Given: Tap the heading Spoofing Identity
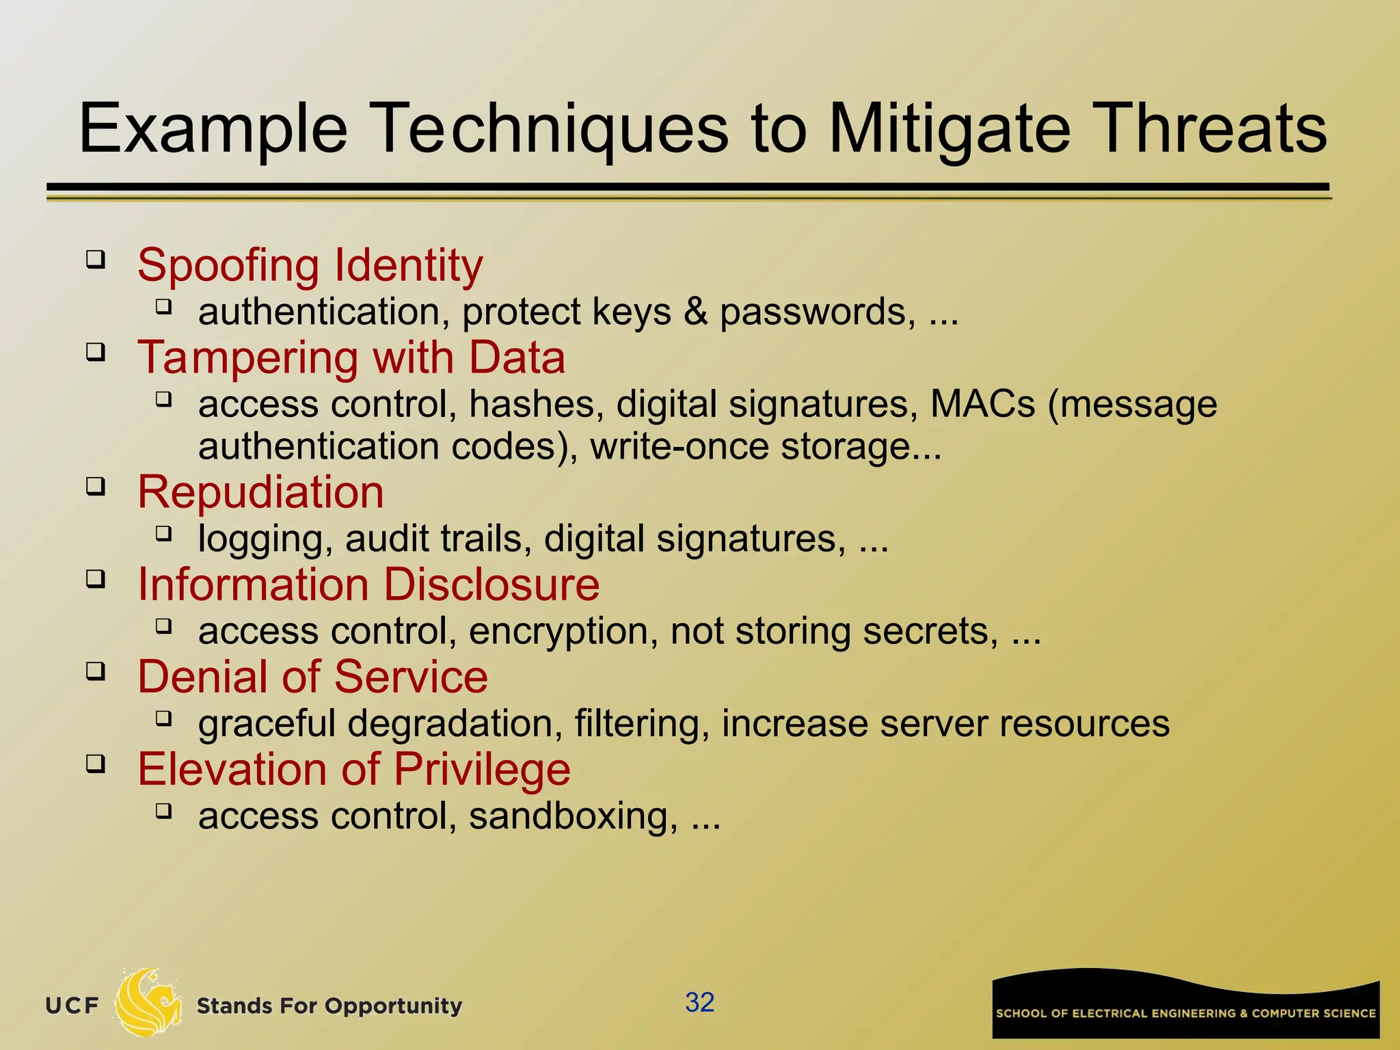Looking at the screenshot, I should coord(310,265).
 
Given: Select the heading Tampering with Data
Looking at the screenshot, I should coord(351,358).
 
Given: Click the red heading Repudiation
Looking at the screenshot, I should coord(260,492).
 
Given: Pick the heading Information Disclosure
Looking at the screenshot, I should coord(368,584).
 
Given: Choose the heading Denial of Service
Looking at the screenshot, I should coord(312,677).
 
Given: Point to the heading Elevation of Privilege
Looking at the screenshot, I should coord(353,769).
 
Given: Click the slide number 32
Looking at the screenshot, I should coord(699,1002).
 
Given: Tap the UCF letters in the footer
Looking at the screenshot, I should coord(72,1006).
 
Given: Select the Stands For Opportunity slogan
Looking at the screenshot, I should coord(329,1006).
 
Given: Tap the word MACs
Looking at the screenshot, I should coord(982,404).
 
